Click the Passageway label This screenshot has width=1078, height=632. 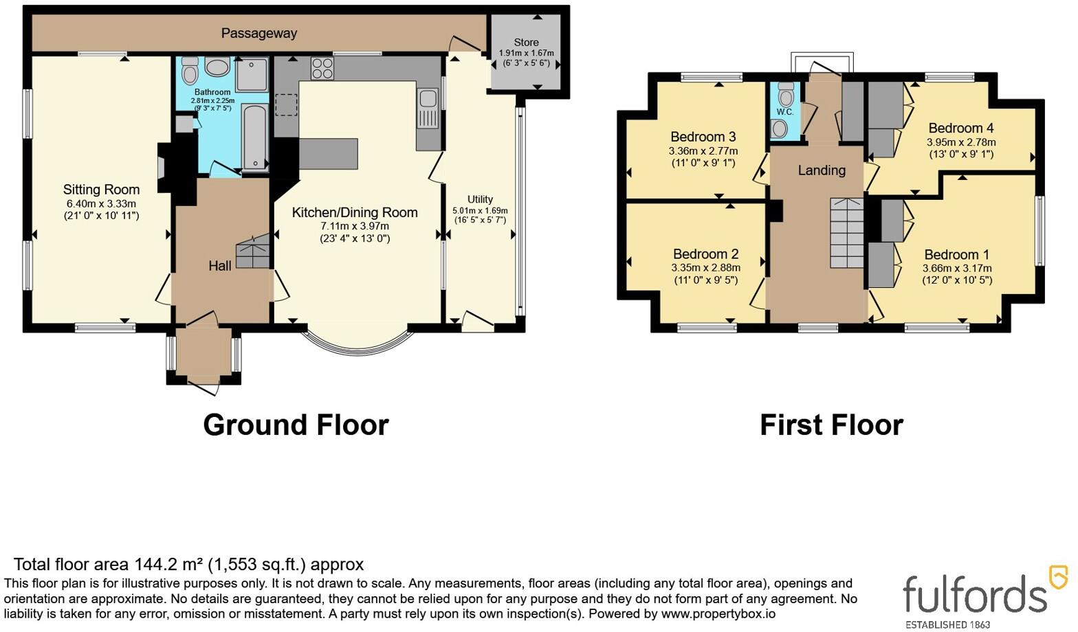coord(259,34)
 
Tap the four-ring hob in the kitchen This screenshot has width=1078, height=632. coord(322,68)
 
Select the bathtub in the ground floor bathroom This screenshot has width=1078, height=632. coord(254,137)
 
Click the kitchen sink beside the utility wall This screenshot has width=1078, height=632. coord(428,109)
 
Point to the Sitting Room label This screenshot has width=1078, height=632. coord(101,190)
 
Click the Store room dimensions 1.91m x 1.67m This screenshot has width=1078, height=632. coord(526,54)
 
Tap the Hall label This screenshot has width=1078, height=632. coord(220,265)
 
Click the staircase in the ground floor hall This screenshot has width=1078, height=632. coord(253,251)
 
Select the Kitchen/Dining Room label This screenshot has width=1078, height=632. coord(355,212)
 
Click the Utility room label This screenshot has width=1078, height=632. coord(480,199)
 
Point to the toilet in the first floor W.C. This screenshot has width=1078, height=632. coord(785,94)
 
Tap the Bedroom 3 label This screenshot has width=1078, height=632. coord(704,137)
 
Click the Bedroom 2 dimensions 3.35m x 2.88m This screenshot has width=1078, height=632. coord(706,267)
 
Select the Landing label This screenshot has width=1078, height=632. coord(822,170)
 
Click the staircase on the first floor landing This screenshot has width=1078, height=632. coord(846,232)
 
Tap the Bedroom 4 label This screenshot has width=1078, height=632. coord(961,128)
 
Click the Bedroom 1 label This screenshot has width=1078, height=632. coord(957,254)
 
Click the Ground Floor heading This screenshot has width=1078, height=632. coord(296,425)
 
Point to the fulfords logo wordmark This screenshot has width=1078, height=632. coord(975,594)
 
